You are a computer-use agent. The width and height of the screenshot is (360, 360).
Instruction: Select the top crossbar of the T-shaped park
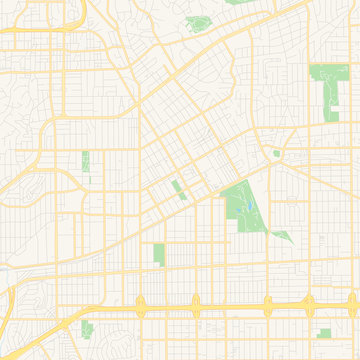[x=323, y=73]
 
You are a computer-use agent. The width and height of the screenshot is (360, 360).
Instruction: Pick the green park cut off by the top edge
[x=236, y=2]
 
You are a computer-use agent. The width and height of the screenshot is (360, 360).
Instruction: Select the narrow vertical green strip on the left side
[x=85, y=161]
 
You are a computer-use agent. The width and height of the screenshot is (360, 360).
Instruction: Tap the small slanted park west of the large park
[x=177, y=188]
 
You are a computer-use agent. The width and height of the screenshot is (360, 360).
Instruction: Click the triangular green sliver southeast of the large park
[x=283, y=237]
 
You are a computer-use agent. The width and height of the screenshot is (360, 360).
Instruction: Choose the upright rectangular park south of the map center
[x=159, y=254]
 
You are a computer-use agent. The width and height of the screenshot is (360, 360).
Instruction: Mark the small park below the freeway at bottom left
[x=87, y=329]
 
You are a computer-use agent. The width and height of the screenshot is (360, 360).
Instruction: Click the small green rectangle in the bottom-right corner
[x=324, y=333]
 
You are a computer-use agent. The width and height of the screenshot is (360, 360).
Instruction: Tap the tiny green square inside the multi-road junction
[x=276, y=153]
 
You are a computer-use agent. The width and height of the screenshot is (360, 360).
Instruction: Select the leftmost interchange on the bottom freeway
[x=140, y=303]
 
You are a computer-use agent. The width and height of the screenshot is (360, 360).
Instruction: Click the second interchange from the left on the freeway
[x=196, y=303]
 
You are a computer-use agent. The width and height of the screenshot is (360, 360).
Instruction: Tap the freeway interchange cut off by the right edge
[x=355, y=303]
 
